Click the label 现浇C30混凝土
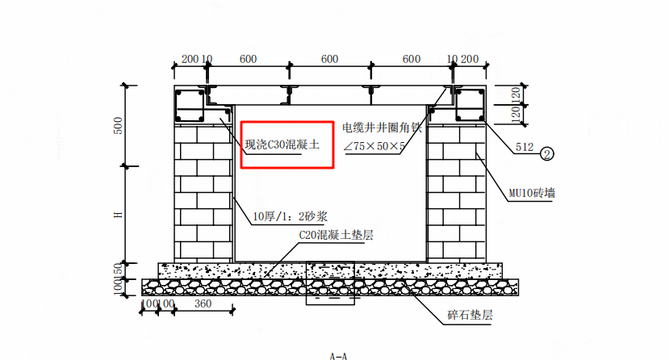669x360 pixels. (282, 146)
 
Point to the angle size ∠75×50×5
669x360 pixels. (374, 146)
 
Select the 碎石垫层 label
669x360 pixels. (470, 315)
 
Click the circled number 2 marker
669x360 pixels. (546, 151)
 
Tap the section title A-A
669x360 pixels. (338, 355)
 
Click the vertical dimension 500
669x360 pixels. (118, 125)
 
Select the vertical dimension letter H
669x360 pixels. (118, 214)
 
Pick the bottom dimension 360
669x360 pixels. (203, 303)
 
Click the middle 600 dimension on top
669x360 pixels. (329, 58)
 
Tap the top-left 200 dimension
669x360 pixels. (189, 58)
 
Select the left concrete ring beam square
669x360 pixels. (190, 106)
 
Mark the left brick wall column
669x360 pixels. (202, 194)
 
